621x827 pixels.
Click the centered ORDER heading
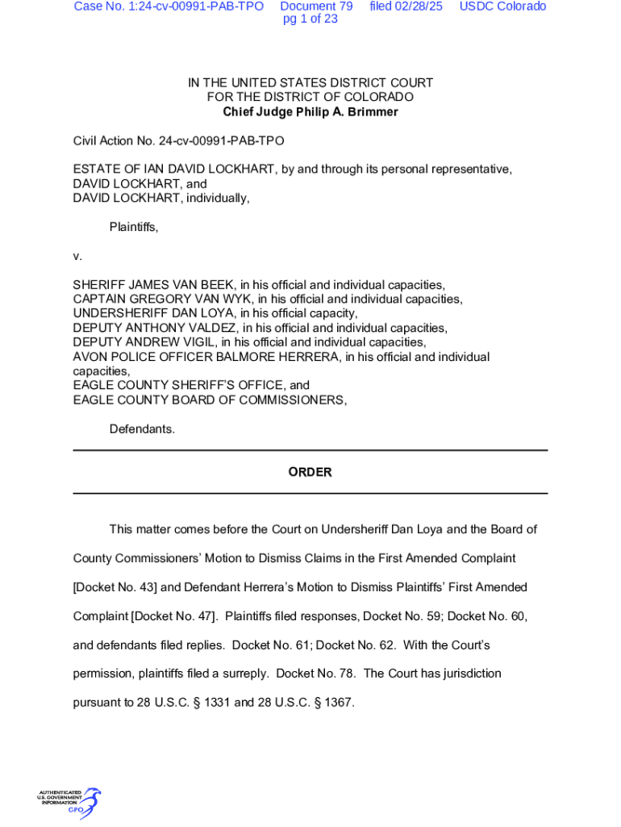click(310, 472)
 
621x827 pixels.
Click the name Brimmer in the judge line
click(372, 112)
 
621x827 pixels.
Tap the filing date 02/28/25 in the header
click(406, 6)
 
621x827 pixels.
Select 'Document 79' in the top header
click(316, 6)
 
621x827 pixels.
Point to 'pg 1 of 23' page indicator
click(310, 19)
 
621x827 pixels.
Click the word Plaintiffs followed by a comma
click(134, 228)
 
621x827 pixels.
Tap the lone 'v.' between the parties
click(77, 256)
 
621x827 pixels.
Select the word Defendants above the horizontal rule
click(142, 429)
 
